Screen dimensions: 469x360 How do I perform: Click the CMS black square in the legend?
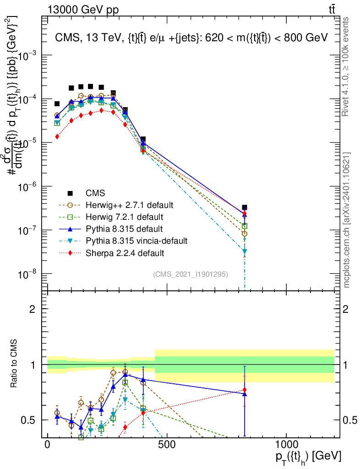coord(70,192)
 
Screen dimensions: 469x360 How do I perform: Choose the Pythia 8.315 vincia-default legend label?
coord(137,240)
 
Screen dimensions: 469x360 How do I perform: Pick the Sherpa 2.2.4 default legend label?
coord(125,252)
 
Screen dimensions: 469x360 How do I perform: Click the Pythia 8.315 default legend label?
coord(124,229)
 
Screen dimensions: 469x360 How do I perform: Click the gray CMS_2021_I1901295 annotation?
coord(190,274)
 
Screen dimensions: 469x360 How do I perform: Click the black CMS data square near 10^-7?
coord(245,207)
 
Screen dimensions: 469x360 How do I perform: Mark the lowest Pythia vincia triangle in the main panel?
coord(245,251)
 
